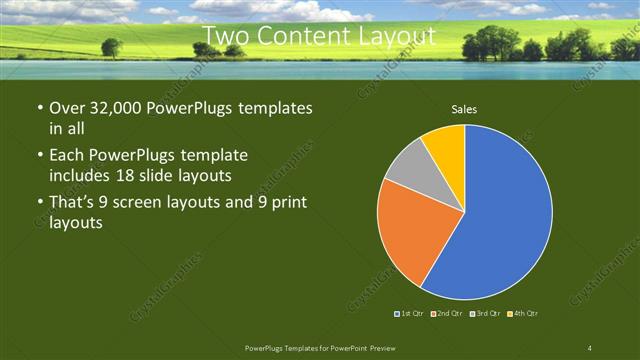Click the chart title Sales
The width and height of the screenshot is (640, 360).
pyautogui.click(x=464, y=108)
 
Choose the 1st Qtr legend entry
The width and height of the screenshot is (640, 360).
pyautogui.click(x=410, y=314)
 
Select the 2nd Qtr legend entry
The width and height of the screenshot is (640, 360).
pyautogui.click(x=446, y=314)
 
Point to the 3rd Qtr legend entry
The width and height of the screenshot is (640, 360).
pyautogui.click(x=485, y=314)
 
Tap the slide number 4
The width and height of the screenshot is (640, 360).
pyautogui.click(x=590, y=347)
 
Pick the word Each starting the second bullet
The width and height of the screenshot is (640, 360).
pyautogui.click(x=68, y=157)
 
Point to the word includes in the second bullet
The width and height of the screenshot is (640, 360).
pyautogui.click(x=81, y=175)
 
